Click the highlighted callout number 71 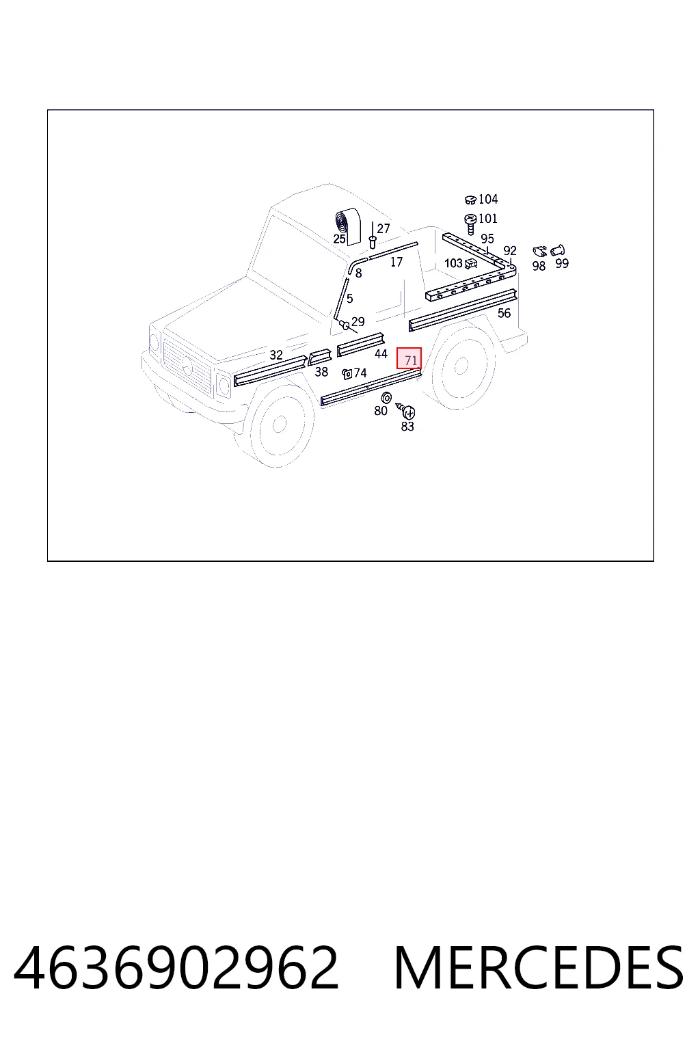point(411,360)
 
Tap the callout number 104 point(488,199)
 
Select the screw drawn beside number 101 point(470,224)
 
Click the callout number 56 point(504,313)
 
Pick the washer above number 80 point(386,397)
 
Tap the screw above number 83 point(406,411)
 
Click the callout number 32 point(276,355)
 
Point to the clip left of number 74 point(347,374)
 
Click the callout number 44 point(381,354)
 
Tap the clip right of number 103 point(471,264)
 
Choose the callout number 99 point(562,263)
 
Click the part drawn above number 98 point(539,252)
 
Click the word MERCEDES point(539,967)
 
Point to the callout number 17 point(396,262)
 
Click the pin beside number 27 point(373,242)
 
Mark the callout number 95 point(487,239)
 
